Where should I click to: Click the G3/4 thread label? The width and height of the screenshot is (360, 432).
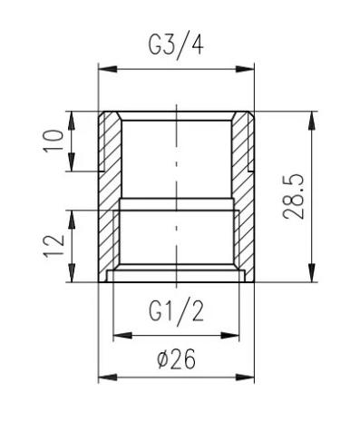[176, 46]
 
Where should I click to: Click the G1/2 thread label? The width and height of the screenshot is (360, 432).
[176, 312]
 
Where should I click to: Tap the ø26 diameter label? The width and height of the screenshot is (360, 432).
[177, 359]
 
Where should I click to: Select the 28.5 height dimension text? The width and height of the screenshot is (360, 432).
[293, 196]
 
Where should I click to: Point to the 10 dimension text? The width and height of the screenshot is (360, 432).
[54, 141]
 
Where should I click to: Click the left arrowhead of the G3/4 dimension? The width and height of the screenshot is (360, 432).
[108, 69]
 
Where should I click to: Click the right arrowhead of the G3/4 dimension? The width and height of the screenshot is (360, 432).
[245, 69]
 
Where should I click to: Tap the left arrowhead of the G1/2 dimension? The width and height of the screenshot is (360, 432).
[122, 335]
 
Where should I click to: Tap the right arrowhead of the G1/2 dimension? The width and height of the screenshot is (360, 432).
[229, 335]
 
